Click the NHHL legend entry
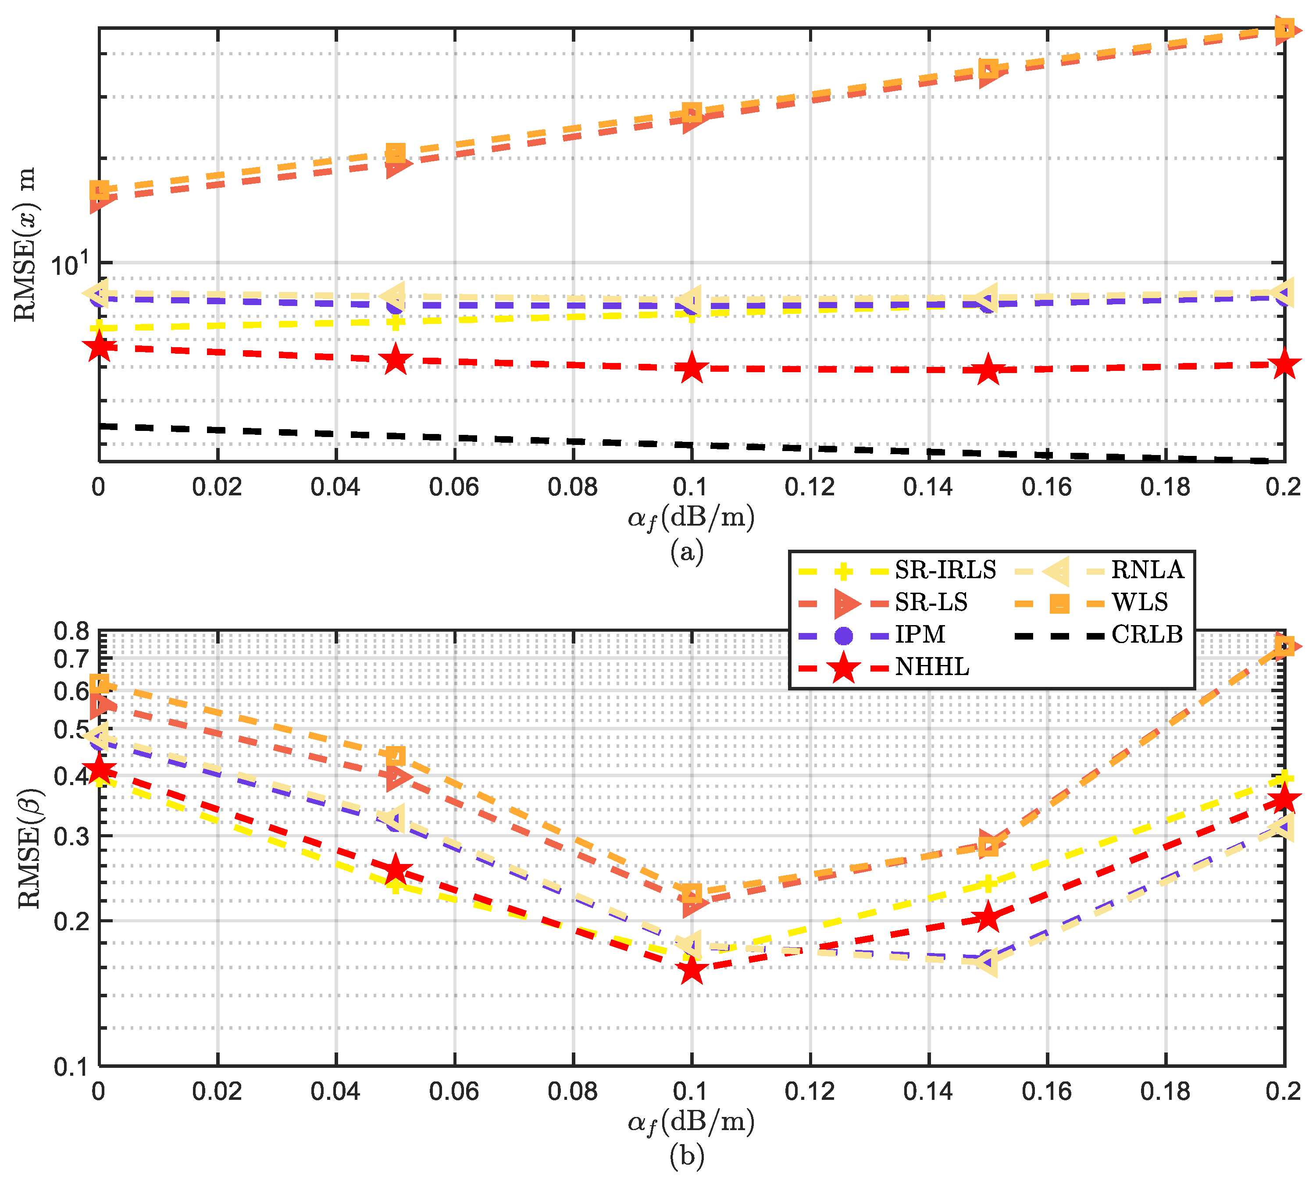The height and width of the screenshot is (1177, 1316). (932, 667)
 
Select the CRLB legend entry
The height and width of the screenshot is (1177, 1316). (1146, 634)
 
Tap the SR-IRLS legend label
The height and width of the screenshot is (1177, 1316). (945, 570)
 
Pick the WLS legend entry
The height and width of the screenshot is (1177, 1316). (1139, 602)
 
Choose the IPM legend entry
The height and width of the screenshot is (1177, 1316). (920, 634)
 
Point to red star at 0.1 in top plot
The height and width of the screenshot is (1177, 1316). (692, 368)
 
